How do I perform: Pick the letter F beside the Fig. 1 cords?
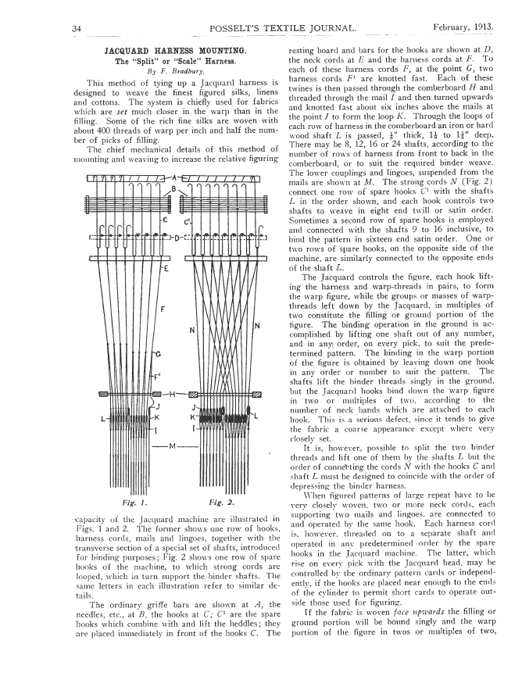click(162, 309)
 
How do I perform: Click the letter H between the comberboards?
click(173, 393)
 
